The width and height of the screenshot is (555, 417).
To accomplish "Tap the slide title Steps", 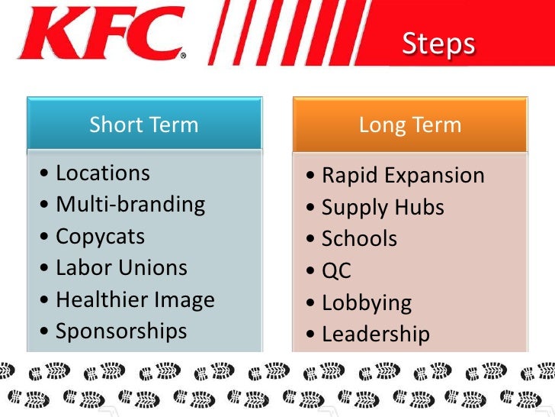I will tap(438, 44).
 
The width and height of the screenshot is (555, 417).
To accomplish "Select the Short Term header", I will tap(144, 124).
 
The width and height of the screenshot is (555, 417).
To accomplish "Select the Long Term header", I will tap(410, 124).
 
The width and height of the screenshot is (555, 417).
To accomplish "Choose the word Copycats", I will tap(101, 236).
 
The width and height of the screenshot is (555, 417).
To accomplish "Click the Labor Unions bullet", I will tap(121, 267).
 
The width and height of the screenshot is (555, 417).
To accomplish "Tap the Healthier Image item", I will tap(135, 299).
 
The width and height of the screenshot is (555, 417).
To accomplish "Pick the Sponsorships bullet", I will tap(121, 331).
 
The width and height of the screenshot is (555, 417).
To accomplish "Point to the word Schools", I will tap(359, 239).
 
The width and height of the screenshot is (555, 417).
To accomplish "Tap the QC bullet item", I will tap(336, 271).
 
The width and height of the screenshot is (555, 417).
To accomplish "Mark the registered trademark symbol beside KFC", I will tap(181, 55).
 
